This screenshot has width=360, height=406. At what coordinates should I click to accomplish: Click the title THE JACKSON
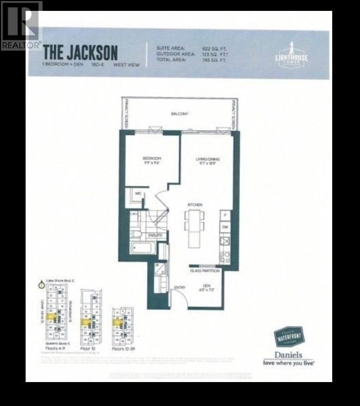click(80, 52)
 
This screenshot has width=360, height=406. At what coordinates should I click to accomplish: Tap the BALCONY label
click(179, 114)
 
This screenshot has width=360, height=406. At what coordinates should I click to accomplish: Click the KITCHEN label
click(195, 205)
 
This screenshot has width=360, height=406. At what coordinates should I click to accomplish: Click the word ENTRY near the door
click(180, 287)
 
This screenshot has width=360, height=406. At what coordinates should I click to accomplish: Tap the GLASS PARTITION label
click(204, 270)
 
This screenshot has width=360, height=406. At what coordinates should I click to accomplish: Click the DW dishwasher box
click(225, 227)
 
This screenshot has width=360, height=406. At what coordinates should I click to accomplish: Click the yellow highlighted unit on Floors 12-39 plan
click(117, 322)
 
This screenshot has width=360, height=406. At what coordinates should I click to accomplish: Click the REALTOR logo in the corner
click(21, 25)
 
